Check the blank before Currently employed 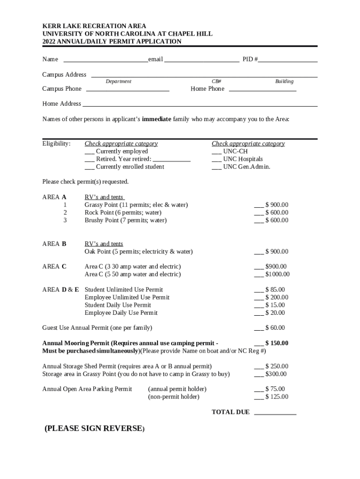[x=89, y=152]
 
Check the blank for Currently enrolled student [x=89, y=167]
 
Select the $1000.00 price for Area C [x=277, y=274]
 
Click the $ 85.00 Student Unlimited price [x=276, y=290]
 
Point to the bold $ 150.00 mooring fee [x=276, y=343]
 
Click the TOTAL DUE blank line [x=275, y=413]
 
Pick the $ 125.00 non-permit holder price [x=277, y=397]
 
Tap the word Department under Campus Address [x=118, y=81]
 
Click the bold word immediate [x=156, y=119]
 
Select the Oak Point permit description [x=138, y=252]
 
